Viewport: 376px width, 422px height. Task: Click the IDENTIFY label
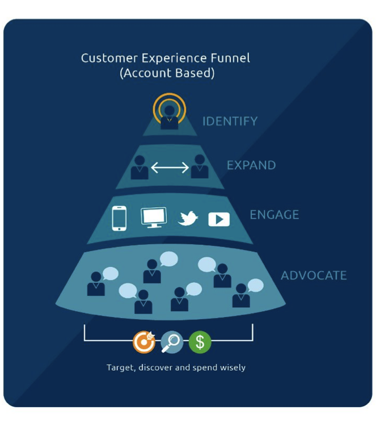tap(230, 121)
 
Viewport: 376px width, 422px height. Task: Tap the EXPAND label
tap(251, 165)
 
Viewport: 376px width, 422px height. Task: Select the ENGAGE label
tap(274, 215)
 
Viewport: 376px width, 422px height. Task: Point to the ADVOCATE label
tap(313, 275)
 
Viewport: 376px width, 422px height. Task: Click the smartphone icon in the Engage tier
tap(119, 218)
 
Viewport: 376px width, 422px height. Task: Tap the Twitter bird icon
tap(188, 219)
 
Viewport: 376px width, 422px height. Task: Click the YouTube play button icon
tap(219, 219)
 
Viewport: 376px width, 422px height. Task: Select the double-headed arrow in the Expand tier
tap(170, 168)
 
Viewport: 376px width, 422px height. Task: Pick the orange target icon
tap(144, 342)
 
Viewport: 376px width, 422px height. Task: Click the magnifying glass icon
tap(172, 342)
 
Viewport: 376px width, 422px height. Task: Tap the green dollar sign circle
tap(200, 342)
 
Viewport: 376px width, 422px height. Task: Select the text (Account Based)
tap(167, 74)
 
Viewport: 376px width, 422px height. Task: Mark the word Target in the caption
tap(120, 367)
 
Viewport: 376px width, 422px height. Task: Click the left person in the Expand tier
tap(140, 168)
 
